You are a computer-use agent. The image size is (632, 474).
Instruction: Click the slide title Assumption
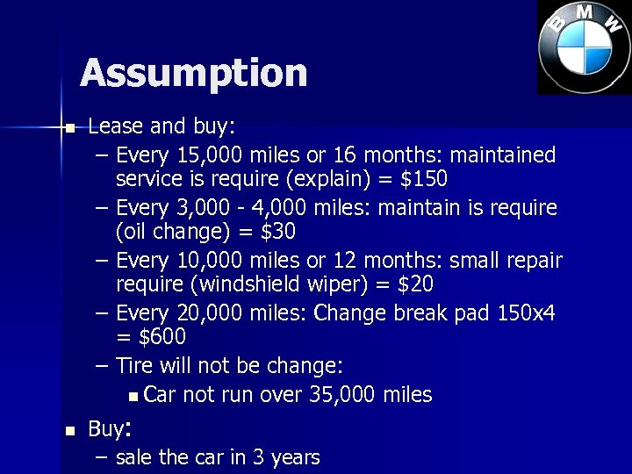coord(194,73)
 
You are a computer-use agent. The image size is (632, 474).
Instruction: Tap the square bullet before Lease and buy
coord(71,128)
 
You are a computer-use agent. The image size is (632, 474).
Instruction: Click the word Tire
coord(134,365)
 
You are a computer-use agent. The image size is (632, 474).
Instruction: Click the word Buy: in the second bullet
coord(110,429)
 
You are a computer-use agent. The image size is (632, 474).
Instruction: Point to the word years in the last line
coord(293,457)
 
